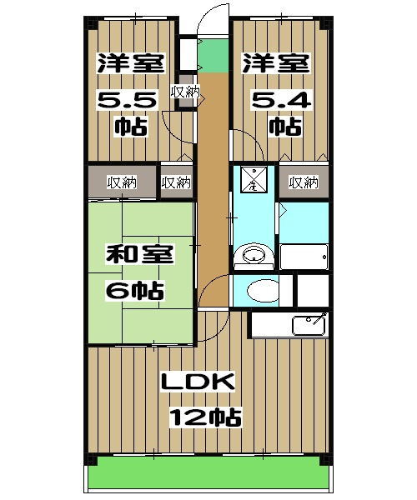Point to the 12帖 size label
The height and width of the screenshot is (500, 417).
point(204,417)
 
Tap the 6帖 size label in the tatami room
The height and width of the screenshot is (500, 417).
point(135,292)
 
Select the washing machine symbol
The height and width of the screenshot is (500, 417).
point(252,177)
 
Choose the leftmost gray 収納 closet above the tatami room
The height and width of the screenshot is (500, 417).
point(122,182)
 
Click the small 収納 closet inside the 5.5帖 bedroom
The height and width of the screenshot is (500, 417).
point(185,92)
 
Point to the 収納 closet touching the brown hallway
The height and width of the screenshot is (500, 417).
point(176,182)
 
